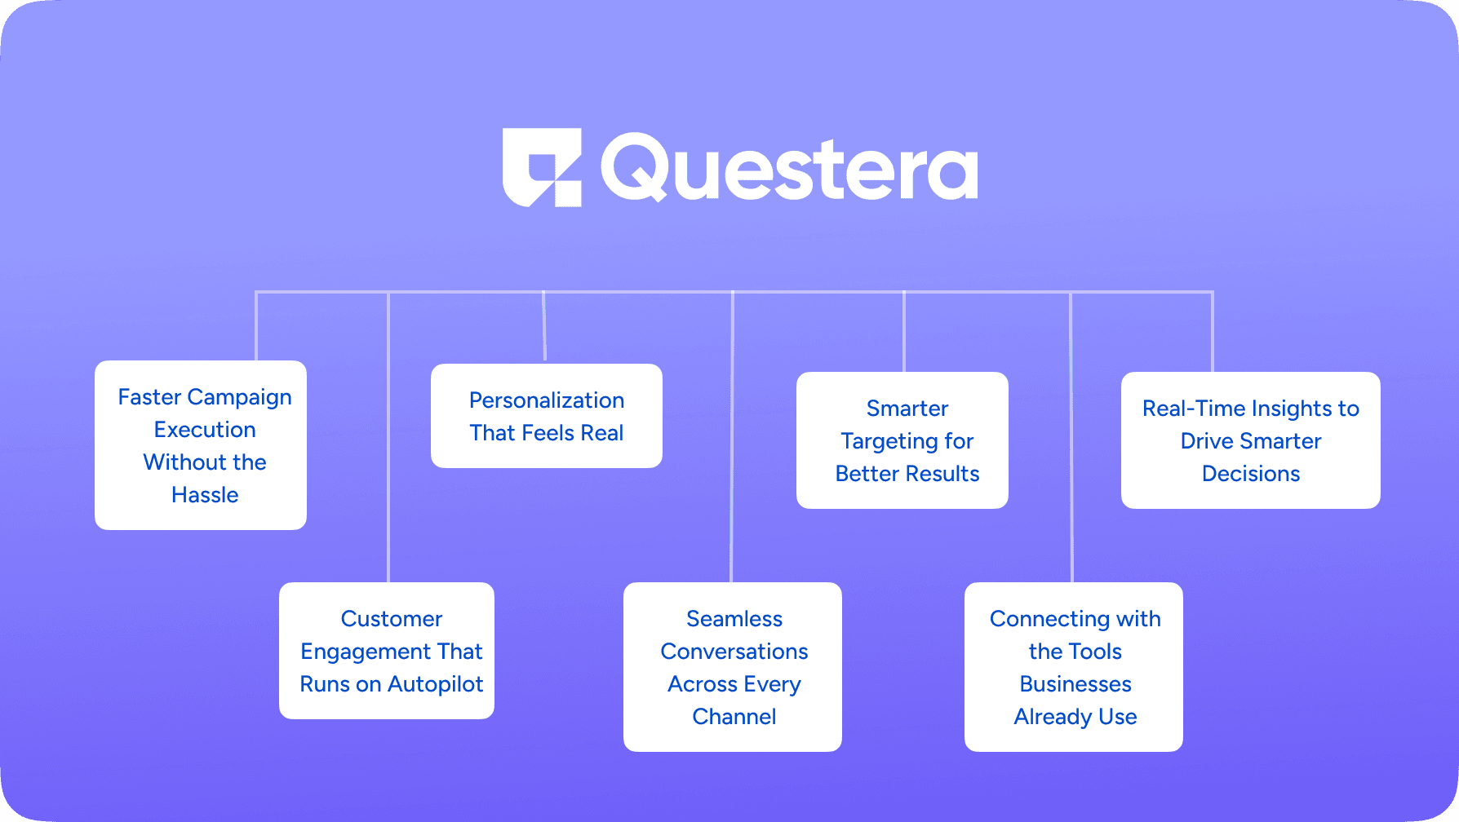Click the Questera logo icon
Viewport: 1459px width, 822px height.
tap(542, 167)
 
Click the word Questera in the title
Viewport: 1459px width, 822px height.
tap(789, 169)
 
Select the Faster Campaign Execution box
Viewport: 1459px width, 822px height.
tap(201, 445)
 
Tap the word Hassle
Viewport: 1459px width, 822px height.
tap(205, 495)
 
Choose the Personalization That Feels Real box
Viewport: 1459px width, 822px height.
tap(546, 416)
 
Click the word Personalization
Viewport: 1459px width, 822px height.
tap(546, 400)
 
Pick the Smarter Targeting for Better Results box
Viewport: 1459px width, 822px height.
tap(902, 440)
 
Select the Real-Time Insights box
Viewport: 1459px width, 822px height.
tap(1250, 440)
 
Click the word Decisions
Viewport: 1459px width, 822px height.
tap(1250, 474)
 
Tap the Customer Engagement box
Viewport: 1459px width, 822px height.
tap(387, 651)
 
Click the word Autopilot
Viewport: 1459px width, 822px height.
tap(436, 684)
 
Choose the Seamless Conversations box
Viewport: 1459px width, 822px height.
tap(732, 667)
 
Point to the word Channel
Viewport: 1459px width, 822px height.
tap(734, 717)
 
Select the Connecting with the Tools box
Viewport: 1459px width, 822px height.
tap(1073, 667)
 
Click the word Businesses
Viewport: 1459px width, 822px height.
tap(1075, 684)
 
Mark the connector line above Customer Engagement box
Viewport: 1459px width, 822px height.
tap(388, 440)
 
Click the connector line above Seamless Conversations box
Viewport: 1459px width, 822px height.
tap(732, 440)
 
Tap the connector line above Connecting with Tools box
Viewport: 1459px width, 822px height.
tap(1071, 440)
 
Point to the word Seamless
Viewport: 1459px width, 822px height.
tap(734, 619)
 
